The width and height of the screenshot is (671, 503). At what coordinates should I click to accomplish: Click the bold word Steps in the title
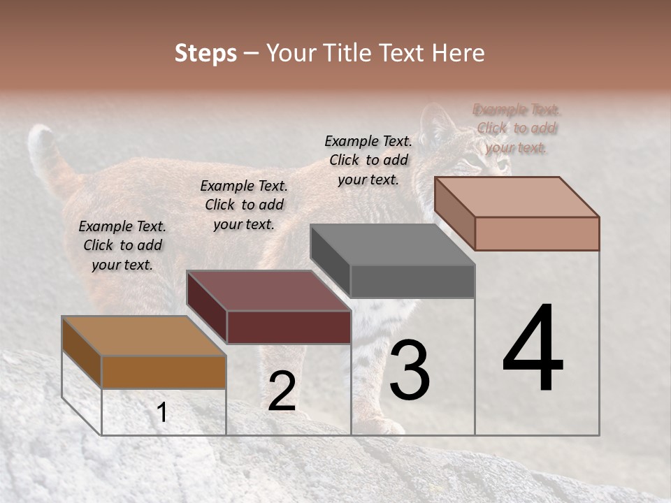pyautogui.click(x=205, y=53)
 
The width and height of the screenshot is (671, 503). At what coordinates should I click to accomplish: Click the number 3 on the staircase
pyautogui.click(x=410, y=370)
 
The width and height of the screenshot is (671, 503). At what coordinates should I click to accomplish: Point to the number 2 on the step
pyautogui.click(x=282, y=391)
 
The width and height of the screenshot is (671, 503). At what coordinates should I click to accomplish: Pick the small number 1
pyautogui.click(x=162, y=412)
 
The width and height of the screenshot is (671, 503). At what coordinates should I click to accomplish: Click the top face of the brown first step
pyautogui.click(x=143, y=336)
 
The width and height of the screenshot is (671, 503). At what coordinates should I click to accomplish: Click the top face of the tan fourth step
pyautogui.click(x=517, y=197)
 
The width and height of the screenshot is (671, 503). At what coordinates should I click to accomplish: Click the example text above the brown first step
pyautogui.click(x=122, y=245)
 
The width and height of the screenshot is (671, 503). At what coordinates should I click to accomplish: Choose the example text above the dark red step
pyautogui.click(x=244, y=205)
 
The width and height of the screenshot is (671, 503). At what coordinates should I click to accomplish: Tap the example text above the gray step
pyautogui.click(x=368, y=160)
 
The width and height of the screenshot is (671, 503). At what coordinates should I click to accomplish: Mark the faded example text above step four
pyautogui.click(x=517, y=129)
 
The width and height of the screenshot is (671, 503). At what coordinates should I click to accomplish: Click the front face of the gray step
pyautogui.click(x=412, y=282)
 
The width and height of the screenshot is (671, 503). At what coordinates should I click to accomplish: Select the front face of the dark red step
pyautogui.click(x=289, y=327)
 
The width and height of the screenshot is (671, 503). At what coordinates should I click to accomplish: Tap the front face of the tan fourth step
pyautogui.click(x=537, y=233)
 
